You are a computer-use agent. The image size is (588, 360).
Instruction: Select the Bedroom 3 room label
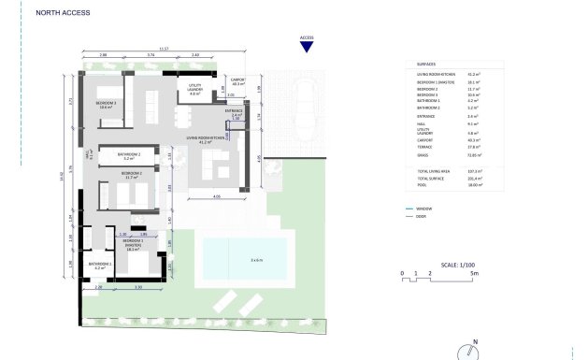pos(105,106)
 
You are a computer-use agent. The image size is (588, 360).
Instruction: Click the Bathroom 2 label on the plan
pos(129,156)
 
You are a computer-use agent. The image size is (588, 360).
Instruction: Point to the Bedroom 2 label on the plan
pos(131,174)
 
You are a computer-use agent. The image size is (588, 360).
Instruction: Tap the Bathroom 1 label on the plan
pos(99,266)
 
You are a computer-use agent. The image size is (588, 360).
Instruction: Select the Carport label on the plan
pos(237,81)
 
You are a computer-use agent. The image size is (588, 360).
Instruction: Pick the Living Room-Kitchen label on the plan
pos(206,139)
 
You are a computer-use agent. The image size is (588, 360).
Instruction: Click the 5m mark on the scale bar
pos(476,273)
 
